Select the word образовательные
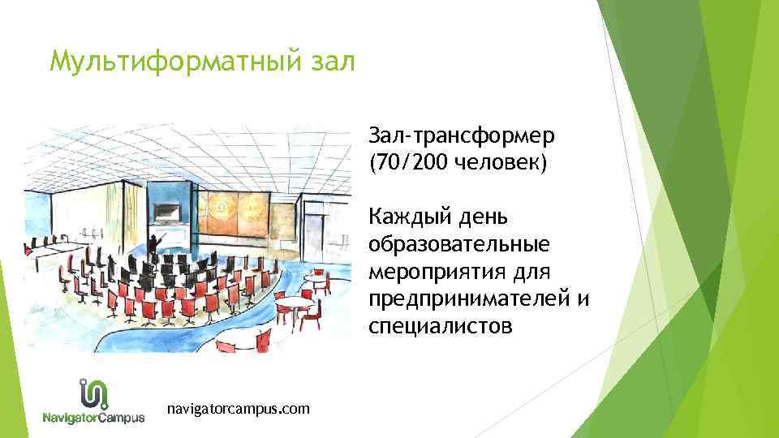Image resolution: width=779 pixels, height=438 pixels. point(458,244)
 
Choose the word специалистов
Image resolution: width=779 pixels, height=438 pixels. point(440,327)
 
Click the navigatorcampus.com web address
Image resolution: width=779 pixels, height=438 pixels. point(237,409)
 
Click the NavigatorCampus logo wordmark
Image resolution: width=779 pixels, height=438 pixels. point(94,418)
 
